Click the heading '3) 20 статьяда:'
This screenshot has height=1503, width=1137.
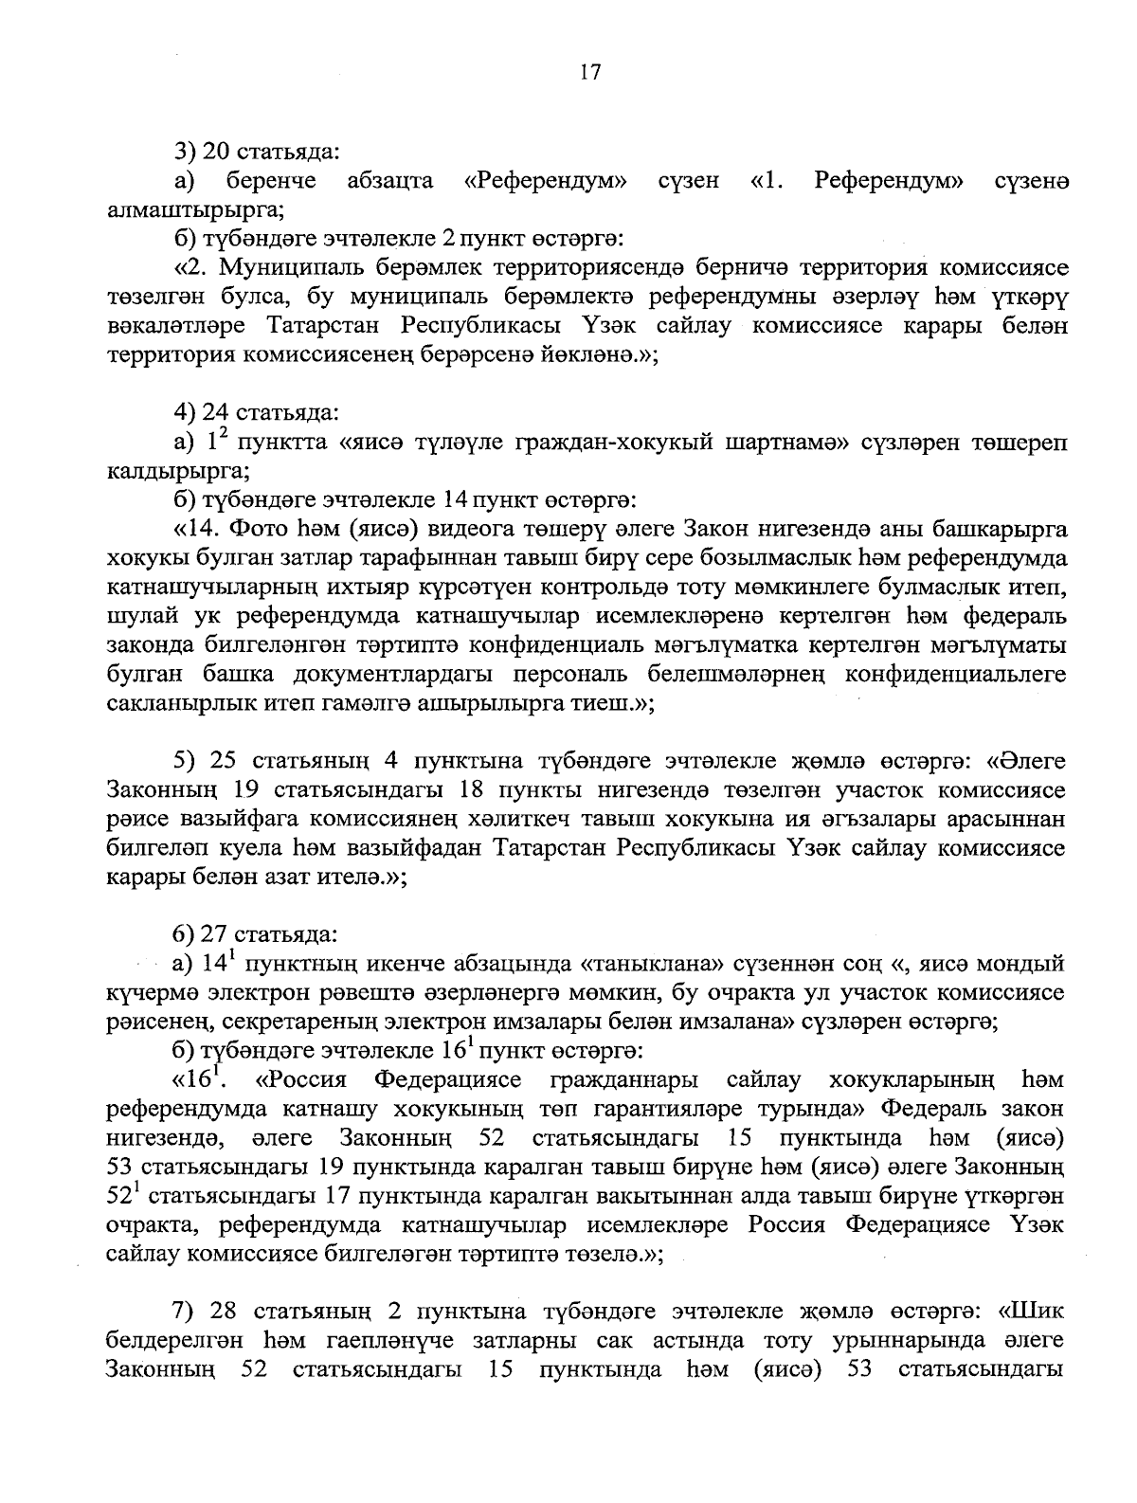(257, 151)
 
